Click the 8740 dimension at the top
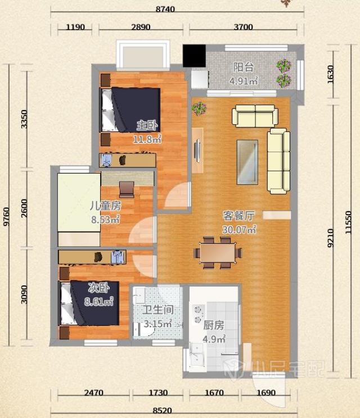point(165,9)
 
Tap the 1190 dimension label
point(75,27)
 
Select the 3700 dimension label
point(243,27)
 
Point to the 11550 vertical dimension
point(348,222)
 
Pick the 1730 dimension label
point(158,393)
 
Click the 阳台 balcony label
point(243,67)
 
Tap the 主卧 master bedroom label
point(147,125)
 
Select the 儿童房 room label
point(105,206)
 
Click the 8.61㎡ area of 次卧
point(99,301)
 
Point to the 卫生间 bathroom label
point(157,310)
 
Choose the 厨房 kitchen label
point(214,325)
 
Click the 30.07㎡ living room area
point(239,229)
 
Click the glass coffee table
point(247,162)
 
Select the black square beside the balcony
point(194,56)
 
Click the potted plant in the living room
point(199,108)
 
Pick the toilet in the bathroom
point(143,330)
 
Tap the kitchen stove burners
point(198,315)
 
